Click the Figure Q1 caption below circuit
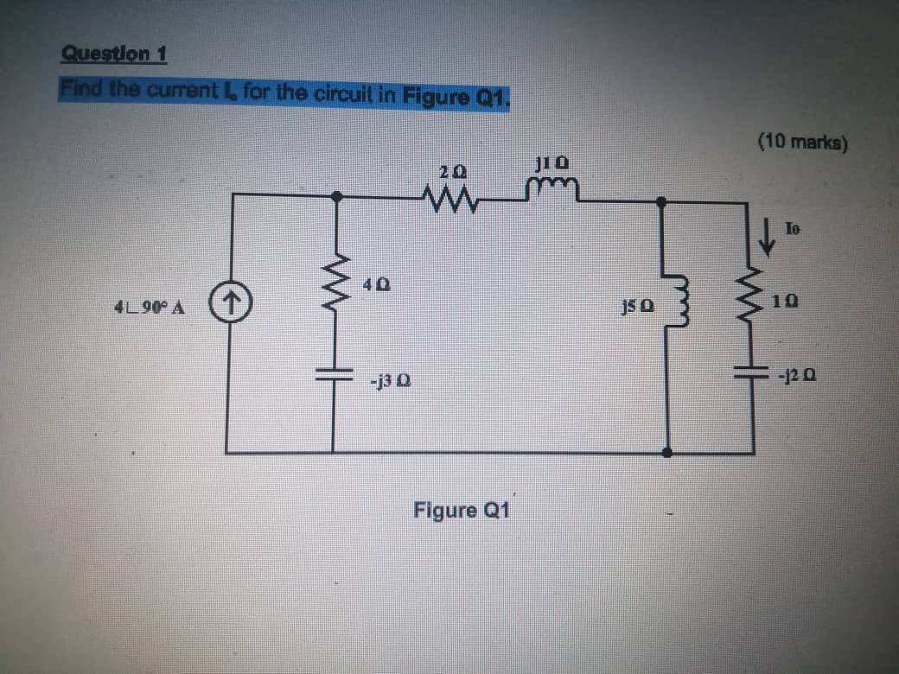click(x=462, y=509)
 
